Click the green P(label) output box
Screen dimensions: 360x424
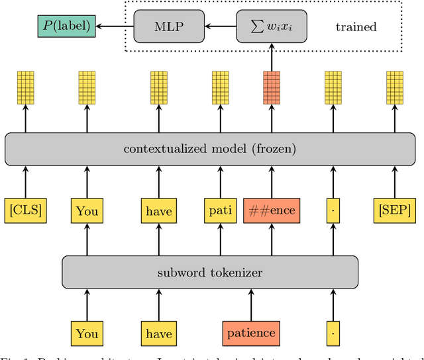click(x=64, y=27)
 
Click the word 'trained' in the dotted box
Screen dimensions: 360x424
click(x=356, y=28)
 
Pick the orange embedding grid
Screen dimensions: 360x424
click(x=270, y=87)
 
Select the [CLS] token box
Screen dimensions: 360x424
click(x=26, y=210)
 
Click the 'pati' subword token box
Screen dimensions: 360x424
click(x=220, y=210)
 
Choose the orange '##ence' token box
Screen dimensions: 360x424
click(x=270, y=210)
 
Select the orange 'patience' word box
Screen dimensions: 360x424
click(x=250, y=332)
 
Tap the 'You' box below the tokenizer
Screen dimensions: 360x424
click(x=87, y=332)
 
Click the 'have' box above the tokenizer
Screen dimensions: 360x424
click(x=157, y=210)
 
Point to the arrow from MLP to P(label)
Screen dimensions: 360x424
click(x=114, y=27)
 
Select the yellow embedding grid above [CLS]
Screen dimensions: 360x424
click(x=26, y=87)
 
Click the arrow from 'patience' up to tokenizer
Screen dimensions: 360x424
click(x=250, y=303)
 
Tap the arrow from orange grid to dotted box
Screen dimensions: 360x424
click(x=270, y=61)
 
